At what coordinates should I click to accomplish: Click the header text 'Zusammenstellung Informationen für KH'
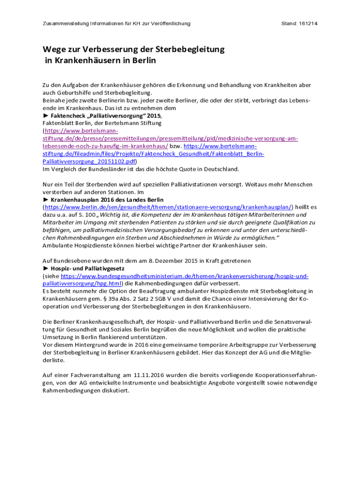(88, 23)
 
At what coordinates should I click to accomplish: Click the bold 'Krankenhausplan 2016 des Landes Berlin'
(106, 199)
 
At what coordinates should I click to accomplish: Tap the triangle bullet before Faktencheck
(45, 115)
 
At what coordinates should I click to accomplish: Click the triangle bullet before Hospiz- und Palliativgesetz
(45, 269)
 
